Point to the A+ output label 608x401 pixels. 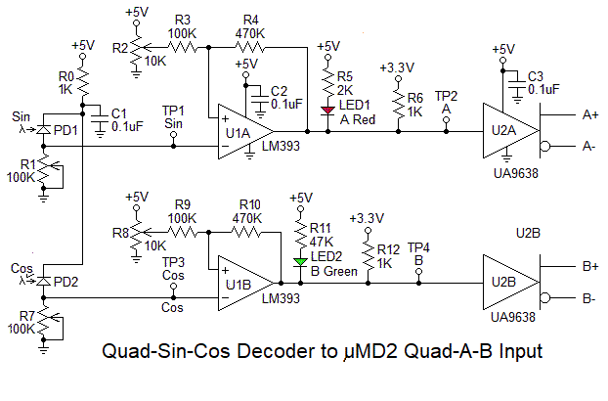[x=589, y=114]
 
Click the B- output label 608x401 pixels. [x=589, y=298]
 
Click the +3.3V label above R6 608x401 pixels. [x=397, y=68]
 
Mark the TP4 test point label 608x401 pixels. [x=418, y=246]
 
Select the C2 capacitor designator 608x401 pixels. [x=279, y=90]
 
